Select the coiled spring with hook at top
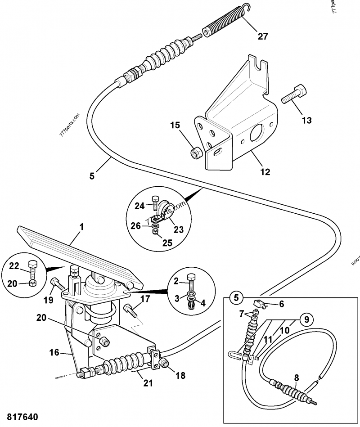coord(224,23)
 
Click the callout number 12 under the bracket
coord(265,171)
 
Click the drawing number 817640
coord(22,417)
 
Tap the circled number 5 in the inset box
coord(235,297)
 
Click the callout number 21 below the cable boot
coord(148,383)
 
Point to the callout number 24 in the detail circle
coord(140,206)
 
